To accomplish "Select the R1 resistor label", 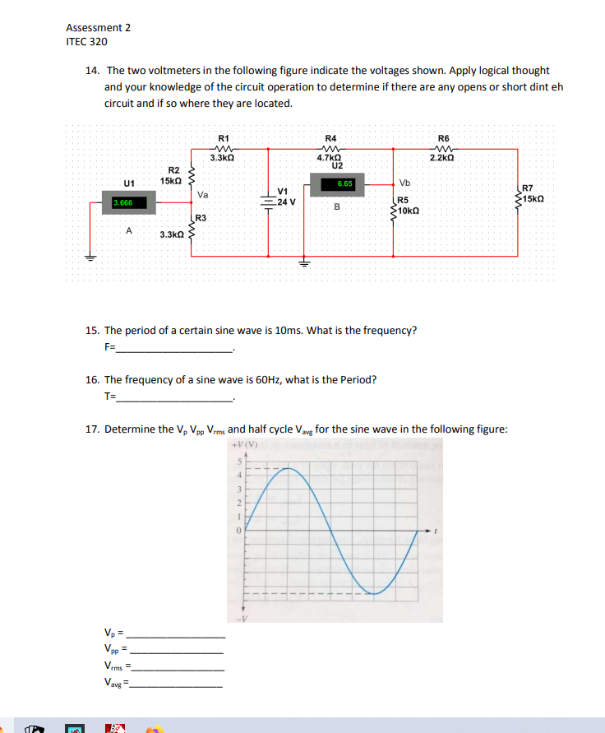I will pos(223,138).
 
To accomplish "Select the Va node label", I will pos(203,196).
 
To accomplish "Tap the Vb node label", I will pos(404,183).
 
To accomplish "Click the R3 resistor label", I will pos(201,218).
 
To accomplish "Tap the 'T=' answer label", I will pos(110,396).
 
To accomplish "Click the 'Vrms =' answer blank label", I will pos(117,666).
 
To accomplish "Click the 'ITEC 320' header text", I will pos(86,41).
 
